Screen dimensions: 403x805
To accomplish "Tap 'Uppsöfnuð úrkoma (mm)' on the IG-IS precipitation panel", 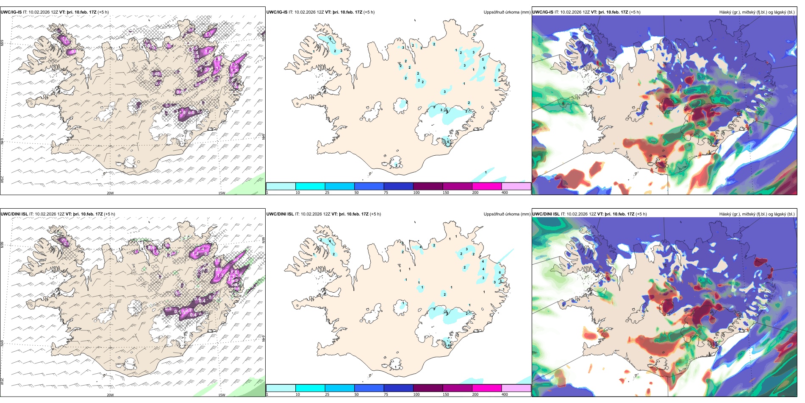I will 507,12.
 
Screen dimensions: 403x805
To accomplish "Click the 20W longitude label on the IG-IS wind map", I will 110,193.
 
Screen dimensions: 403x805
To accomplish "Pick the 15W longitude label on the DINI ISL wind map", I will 221,395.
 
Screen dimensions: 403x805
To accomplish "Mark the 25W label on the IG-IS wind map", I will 2,179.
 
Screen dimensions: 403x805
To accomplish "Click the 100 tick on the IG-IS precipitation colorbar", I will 416,193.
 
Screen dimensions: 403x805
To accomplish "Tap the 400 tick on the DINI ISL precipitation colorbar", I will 505,395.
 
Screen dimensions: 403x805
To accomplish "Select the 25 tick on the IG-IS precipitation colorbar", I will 327,193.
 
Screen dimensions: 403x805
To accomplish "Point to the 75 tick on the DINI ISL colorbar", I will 386,395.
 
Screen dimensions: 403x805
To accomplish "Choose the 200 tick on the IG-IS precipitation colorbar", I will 475,193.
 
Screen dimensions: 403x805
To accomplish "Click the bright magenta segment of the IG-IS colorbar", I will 487,186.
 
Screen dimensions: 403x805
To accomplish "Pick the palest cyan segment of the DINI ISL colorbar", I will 281,388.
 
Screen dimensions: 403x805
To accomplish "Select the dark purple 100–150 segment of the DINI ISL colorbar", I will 428,388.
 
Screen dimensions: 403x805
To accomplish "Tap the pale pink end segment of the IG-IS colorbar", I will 516,186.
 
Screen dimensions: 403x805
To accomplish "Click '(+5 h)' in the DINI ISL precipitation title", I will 375,214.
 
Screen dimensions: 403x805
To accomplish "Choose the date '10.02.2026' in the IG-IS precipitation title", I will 305,12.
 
